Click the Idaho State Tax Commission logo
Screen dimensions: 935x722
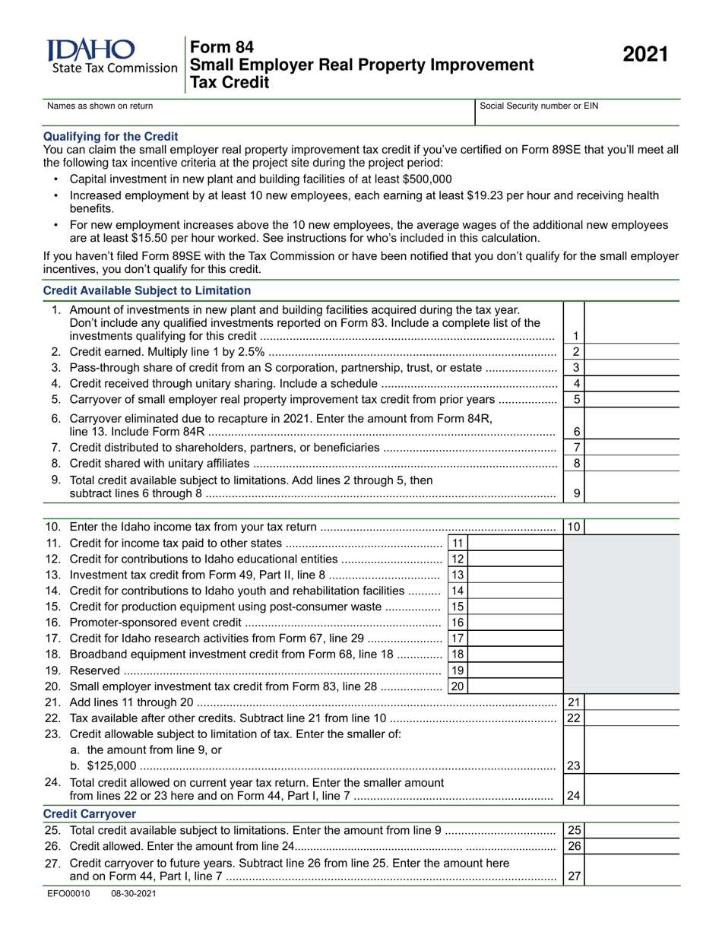(111, 57)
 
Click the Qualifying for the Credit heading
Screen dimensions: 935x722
(111, 136)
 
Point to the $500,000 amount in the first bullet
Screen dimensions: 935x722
(423, 179)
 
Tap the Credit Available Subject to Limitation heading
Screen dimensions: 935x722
(147, 290)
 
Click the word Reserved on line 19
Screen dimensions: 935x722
(94, 670)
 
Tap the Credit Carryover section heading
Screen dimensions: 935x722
(90, 813)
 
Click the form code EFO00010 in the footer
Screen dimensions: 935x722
(68, 895)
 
